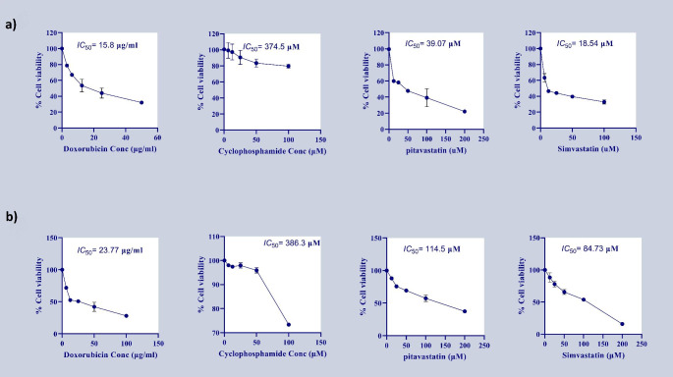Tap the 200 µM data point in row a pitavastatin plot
pyautogui.click(x=465, y=111)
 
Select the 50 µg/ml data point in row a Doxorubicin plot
pyautogui.click(x=141, y=102)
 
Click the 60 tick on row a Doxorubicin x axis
pyautogui.click(x=157, y=137)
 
